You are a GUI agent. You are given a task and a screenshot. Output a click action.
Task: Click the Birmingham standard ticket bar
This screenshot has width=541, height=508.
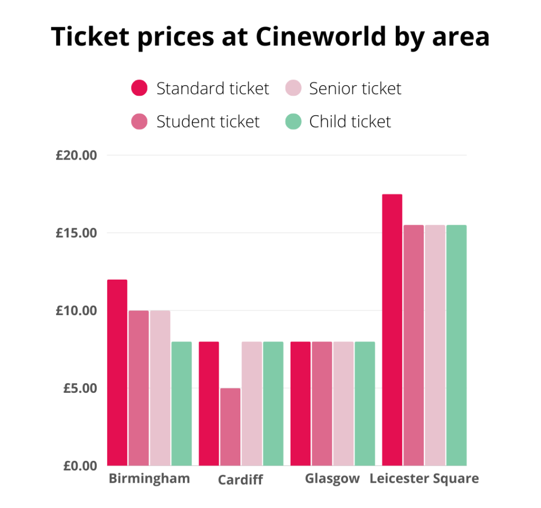click(117, 373)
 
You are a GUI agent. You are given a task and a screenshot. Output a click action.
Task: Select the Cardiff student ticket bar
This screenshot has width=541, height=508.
click(230, 427)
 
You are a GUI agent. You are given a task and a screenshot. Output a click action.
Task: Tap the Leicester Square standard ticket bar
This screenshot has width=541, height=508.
click(392, 330)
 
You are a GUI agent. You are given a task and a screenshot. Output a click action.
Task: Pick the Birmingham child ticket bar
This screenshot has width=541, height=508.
click(181, 404)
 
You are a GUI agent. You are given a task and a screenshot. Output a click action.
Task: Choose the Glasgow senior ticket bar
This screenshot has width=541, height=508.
click(343, 404)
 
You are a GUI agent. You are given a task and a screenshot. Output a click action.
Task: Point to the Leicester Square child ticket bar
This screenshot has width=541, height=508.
click(456, 345)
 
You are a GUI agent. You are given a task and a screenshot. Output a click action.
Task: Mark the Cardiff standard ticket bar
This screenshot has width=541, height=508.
click(209, 404)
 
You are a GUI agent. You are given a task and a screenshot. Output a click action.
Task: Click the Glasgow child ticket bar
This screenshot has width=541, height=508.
click(365, 404)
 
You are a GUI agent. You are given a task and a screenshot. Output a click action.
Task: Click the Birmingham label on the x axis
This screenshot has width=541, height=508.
click(149, 479)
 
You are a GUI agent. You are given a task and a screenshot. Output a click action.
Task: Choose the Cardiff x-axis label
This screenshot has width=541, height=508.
click(240, 481)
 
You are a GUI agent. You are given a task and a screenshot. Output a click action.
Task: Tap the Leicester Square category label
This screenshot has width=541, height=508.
click(424, 479)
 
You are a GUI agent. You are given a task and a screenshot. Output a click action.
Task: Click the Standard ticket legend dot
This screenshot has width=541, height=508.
click(139, 88)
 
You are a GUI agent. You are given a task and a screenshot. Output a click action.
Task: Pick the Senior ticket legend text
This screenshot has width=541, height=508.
click(355, 88)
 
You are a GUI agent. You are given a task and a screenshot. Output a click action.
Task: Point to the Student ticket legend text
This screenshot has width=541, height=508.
click(208, 122)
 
